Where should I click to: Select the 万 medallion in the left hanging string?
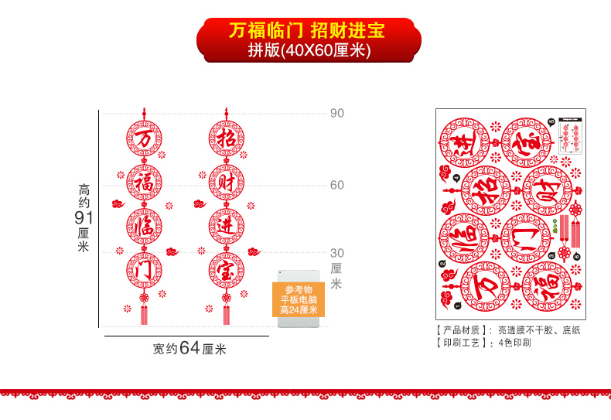[145, 139]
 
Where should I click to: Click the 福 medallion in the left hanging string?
[145, 183]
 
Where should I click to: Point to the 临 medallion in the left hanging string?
[145, 227]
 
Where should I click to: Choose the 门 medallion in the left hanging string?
[145, 271]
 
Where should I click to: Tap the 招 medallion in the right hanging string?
[226, 139]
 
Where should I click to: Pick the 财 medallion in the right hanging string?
[226, 183]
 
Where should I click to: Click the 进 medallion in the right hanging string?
[226, 227]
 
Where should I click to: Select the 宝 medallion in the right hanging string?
[226, 271]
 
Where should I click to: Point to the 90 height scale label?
[337, 113]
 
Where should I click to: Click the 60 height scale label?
[337, 185]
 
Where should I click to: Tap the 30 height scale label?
[337, 253]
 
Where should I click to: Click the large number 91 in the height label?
[84, 217]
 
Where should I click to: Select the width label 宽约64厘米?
[189, 348]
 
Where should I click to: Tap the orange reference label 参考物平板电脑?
[299, 300]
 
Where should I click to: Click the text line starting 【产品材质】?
[507, 330]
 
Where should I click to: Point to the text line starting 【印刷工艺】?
[484, 342]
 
